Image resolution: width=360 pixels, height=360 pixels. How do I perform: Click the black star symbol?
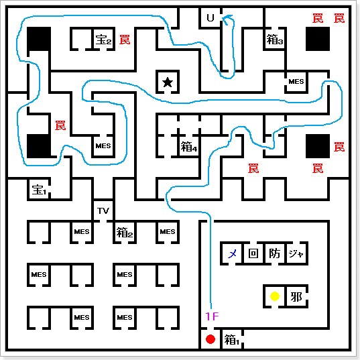tap(168, 82)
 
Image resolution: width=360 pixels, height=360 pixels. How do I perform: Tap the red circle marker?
tap(211, 339)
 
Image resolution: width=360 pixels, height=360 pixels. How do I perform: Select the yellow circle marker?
tap(275, 296)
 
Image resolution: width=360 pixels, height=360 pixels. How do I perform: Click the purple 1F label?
tap(212, 316)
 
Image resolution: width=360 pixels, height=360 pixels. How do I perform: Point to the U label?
tap(211, 18)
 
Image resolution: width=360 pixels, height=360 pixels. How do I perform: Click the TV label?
tap(103, 211)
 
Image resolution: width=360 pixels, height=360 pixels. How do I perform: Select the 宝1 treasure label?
tap(39, 190)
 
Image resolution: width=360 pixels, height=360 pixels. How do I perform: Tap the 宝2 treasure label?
tap(103, 40)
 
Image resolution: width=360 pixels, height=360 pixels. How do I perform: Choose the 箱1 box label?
tap(231, 339)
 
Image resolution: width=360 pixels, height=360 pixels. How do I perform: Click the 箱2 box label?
tap(125, 232)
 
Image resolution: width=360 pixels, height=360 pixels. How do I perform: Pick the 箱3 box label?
tap(275, 40)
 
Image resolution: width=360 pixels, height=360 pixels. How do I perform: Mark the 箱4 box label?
tap(189, 146)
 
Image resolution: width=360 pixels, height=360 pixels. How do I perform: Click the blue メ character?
tap(232, 253)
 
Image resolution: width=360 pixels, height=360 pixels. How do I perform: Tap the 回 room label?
tap(253, 253)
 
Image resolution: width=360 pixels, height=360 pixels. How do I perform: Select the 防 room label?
tap(275, 253)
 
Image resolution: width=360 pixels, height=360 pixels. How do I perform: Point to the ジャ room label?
tap(296, 253)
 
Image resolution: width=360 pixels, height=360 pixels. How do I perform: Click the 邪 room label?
tap(296, 296)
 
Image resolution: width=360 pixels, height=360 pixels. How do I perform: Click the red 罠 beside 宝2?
tap(125, 40)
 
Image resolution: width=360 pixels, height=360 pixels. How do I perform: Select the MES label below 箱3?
tap(296, 82)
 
